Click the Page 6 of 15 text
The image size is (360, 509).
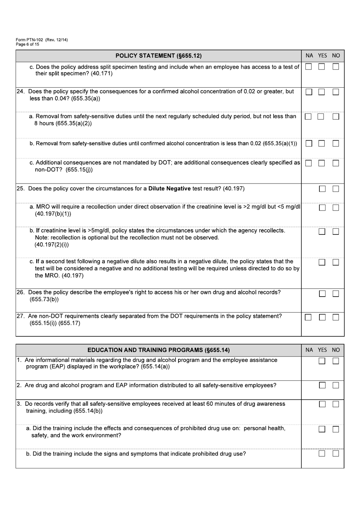[27, 44]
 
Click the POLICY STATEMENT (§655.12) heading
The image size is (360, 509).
[158, 56]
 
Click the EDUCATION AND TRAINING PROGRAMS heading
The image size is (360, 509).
[158, 350]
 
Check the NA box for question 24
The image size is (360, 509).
[309, 92]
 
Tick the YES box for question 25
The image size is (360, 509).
[322, 189]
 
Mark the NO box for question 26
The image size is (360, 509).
[336, 294]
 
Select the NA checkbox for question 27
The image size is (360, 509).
[308, 317]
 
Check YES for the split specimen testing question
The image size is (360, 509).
[322, 67]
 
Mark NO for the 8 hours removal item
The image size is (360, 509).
[336, 117]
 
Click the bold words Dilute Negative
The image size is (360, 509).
[169, 189]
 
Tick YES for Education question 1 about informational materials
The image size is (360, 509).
[322, 361]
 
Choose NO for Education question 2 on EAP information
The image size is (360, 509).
[336, 385]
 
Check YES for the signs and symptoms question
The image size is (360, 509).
[322, 454]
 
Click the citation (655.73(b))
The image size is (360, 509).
[44, 299]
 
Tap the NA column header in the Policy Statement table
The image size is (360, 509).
[309, 56]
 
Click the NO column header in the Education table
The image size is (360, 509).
[336, 350]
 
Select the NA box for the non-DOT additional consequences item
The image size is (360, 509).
[308, 163]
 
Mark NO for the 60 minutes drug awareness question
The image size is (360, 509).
[336, 404]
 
